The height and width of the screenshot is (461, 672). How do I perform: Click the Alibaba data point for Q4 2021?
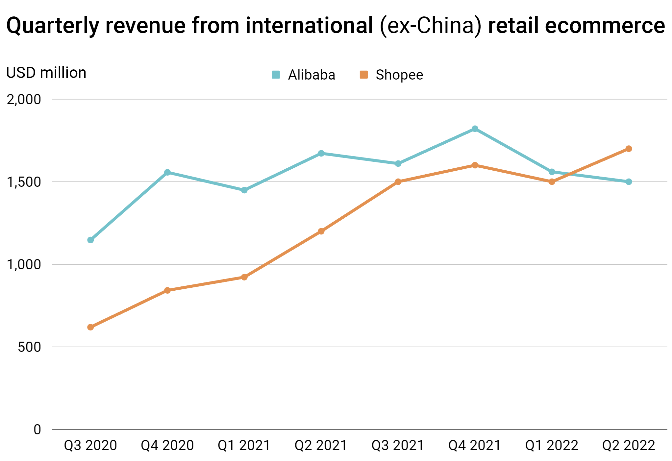point(475,129)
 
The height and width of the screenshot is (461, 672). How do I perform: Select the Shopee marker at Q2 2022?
point(628,149)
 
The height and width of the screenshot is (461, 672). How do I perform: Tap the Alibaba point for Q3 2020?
point(90,240)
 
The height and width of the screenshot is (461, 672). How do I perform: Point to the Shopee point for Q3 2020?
point(90,327)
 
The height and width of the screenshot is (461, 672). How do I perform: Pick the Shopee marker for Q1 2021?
point(244,277)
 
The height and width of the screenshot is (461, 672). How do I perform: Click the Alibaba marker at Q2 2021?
point(321,153)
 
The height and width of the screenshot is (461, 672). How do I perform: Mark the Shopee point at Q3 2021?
point(398,182)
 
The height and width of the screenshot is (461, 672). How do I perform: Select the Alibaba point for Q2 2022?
point(628,182)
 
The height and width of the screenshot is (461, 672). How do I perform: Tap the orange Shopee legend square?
point(363,75)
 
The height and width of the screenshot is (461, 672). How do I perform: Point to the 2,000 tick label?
point(24,99)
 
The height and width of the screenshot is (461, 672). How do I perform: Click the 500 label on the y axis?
point(29,347)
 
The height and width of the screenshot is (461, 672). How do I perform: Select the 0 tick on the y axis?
point(37,429)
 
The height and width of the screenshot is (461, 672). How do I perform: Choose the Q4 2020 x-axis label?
point(167,446)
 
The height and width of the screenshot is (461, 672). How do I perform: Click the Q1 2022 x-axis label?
point(552,446)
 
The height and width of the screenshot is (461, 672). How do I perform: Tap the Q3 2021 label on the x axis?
point(398,446)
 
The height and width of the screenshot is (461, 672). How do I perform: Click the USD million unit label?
point(46,73)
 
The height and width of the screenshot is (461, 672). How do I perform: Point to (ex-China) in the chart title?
point(430,26)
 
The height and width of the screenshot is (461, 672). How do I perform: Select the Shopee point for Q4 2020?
point(167,290)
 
